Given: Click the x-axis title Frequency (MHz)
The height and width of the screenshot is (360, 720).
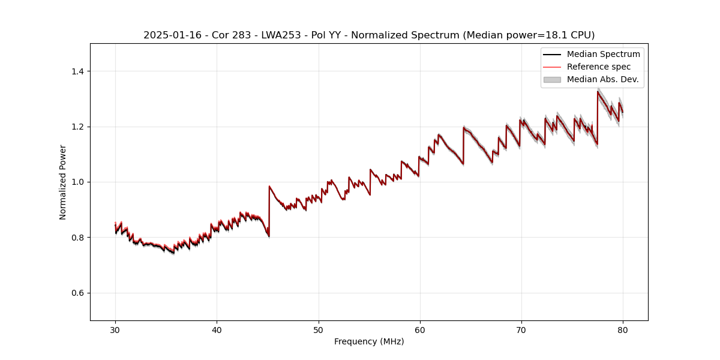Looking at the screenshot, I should click(x=369, y=341).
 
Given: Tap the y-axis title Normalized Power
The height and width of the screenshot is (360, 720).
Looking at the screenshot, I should click(x=63, y=182).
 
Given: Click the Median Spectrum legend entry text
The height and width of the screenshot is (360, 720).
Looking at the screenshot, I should click(x=603, y=54).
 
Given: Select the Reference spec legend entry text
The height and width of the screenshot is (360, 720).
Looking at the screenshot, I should click(x=598, y=67).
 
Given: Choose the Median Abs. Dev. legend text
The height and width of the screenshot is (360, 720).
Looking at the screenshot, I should click(x=602, y=79).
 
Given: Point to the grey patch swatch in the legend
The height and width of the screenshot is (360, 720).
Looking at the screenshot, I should click(x=552, y=79).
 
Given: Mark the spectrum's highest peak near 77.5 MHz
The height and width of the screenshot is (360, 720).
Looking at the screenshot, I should click(x=598, y=91).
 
